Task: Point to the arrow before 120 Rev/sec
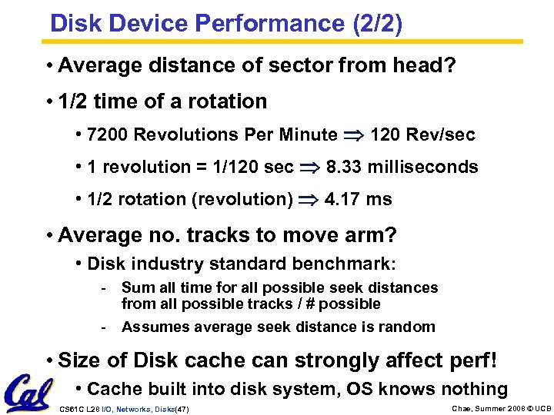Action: click(353, 136)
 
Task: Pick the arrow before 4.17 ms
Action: click(308, 200)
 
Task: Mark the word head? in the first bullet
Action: click(426, 67)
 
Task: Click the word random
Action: click(409, 327)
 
